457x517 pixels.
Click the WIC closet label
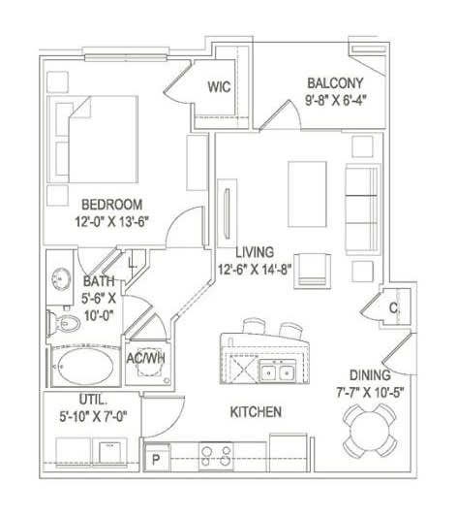[x=219, y=86]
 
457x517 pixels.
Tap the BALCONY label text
[x=335, y=82]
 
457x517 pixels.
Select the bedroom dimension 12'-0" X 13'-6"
[x=112, y=221]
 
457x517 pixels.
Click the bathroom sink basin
[x=61, y=279]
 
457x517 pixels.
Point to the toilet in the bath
[x=64, y=323]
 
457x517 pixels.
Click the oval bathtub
[x=87, y=366]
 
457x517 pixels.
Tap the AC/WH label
[x=146, y=358]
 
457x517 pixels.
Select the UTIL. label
[x=93, y=400]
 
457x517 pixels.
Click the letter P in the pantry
[x=156, y=459]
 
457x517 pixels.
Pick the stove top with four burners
[x=216, y=456]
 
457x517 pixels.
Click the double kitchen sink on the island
[x=277, y=371]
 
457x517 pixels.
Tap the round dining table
[x=370, y=431]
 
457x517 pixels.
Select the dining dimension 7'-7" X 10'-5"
[x=370, y=393]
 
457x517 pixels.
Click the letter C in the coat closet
[x=393, y=307]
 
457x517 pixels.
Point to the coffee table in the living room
[x=307, y=194]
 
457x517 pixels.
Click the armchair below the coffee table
[x=312, y=271]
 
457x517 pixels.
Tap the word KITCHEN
[x=256, y=412]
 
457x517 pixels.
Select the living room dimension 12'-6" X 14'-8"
[x=255, y=270]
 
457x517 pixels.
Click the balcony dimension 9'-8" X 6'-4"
[x=336, y=100]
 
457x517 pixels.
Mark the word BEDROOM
[x=112, y=205]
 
